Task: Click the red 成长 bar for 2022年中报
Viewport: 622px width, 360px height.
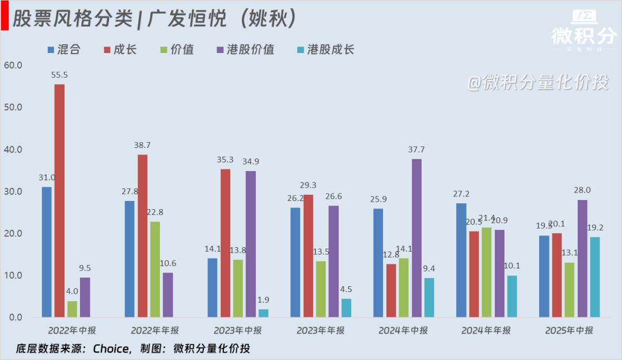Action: tap(59, 200)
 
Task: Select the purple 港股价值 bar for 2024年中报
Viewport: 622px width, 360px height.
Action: tap(416, 238)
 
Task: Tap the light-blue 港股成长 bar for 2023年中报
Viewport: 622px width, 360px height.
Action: tap(263, 313)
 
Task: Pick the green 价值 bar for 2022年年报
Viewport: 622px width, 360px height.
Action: tap(155, 269)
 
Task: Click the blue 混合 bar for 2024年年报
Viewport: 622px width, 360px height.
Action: tap(461, 260)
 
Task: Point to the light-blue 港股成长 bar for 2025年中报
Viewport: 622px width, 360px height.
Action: tap(595, 276)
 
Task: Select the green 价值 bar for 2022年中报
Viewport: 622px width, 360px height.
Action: tap(72, 309)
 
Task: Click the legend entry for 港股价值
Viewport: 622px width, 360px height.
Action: tap(246, 50)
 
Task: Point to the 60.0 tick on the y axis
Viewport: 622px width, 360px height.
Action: tap(12, 65)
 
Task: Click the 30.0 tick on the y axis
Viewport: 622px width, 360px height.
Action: tap(12, 191)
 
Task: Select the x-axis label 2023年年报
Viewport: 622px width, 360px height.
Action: tap(321, 331)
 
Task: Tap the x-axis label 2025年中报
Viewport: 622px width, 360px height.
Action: tap(569, 331)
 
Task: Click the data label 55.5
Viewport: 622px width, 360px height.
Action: tap(59, 75)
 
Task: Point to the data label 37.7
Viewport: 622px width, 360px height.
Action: tap(416, 149)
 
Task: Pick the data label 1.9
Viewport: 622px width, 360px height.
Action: tap(263, 300)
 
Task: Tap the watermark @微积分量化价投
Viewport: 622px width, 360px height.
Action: tap(537, 83)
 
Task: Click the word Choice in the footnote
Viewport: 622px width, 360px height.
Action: tap(112, 348)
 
